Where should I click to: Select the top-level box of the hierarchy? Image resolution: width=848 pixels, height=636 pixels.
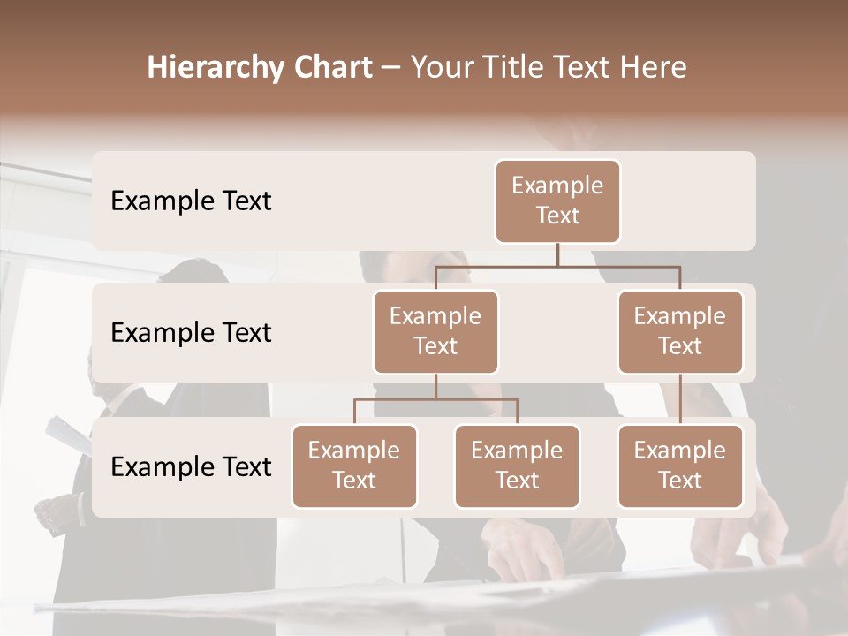coord(557,201)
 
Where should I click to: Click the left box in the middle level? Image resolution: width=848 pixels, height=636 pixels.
coord(435,331)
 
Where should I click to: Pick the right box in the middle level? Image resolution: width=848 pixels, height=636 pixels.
coord(680,331)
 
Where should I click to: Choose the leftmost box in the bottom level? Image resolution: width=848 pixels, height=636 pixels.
coord(354,466)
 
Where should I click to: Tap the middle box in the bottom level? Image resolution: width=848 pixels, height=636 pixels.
coord(517,466)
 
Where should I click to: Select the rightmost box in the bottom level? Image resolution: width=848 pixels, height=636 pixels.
coord(680,466)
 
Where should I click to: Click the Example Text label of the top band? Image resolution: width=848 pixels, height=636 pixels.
coord(191,201)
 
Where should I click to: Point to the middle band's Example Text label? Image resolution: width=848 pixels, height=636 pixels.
coord(191,333)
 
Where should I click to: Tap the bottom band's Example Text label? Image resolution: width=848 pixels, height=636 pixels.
coord(191,467)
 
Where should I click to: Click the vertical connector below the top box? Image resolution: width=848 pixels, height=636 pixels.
coord(557,254)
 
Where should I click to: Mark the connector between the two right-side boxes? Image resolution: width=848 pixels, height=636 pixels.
coord(680,399)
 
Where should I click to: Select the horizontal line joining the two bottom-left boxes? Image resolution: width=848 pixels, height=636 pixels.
coord(435,399)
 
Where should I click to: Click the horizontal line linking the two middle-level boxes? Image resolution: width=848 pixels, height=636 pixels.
coord(557,266)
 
